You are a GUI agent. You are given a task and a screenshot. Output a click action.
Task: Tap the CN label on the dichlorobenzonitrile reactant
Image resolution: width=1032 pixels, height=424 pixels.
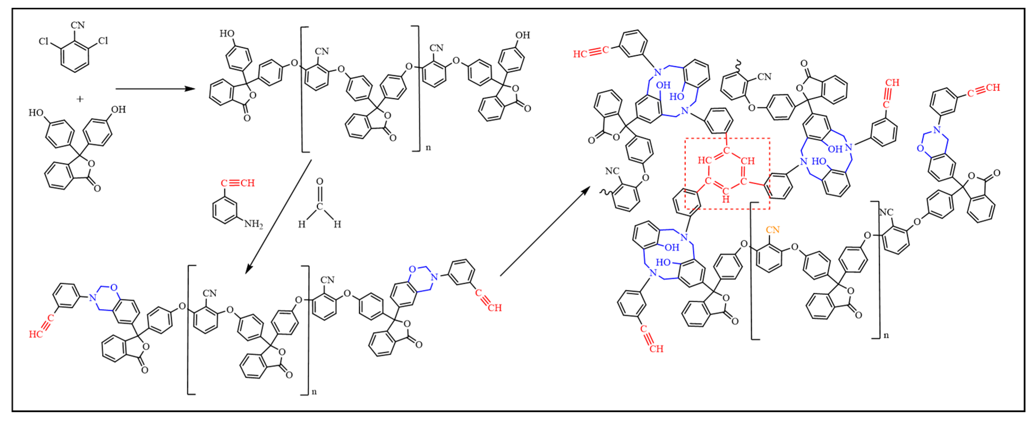coord(78,25)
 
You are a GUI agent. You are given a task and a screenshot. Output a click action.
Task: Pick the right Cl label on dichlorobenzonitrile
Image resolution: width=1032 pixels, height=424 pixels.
coord(103,41)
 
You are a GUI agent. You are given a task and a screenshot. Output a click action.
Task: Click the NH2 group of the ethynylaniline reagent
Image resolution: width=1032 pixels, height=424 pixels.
coord(254,224)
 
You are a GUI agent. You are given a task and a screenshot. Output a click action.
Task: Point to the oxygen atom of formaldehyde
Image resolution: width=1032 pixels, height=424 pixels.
coord(320,182)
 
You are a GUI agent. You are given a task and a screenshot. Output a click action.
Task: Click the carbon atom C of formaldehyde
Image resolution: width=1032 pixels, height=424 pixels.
coord(320,206)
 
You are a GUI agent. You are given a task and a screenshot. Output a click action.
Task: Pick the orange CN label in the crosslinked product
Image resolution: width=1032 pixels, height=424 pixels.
coord(772,230)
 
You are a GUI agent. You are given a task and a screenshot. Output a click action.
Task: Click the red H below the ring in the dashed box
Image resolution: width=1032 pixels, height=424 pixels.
coord(726,199)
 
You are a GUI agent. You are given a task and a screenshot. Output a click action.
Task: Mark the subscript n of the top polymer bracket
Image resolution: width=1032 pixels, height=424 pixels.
coord(428,148)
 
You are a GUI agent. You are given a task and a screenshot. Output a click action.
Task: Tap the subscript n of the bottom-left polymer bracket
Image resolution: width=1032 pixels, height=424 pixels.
coord(314,392)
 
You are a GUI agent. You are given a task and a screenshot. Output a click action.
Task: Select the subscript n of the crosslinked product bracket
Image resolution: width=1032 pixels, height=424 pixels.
coord(886,335)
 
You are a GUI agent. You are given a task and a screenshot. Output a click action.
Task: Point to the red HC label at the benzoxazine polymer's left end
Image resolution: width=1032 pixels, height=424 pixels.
coord(36,334)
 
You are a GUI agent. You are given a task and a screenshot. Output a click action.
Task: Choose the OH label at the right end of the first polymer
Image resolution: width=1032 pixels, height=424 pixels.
coord(522,35)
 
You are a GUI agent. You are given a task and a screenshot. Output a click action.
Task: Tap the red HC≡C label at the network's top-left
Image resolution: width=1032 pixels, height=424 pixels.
coord(591,53)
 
